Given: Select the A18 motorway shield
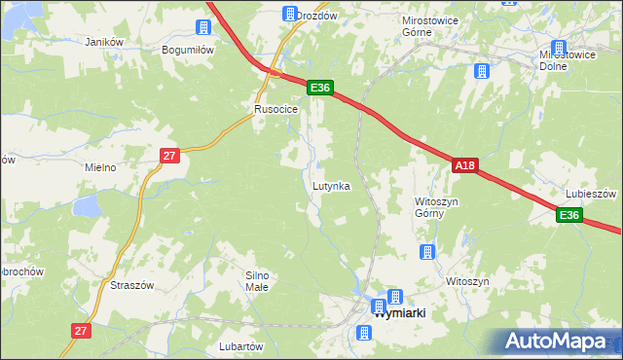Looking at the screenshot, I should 464,166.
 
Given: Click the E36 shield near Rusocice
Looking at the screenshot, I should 321,88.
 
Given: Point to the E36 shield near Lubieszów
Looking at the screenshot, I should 569,215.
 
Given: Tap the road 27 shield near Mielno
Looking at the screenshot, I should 169,155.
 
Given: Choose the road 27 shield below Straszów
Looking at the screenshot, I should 81,332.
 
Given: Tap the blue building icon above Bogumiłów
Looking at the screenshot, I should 204,27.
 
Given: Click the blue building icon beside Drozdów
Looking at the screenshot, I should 290,14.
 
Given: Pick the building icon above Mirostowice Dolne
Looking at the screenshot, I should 559,47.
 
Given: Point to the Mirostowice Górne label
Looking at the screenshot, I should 429,25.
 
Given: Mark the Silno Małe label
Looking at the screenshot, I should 257,281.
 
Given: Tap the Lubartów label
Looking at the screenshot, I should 241,346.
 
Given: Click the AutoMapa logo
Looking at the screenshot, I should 559,342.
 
